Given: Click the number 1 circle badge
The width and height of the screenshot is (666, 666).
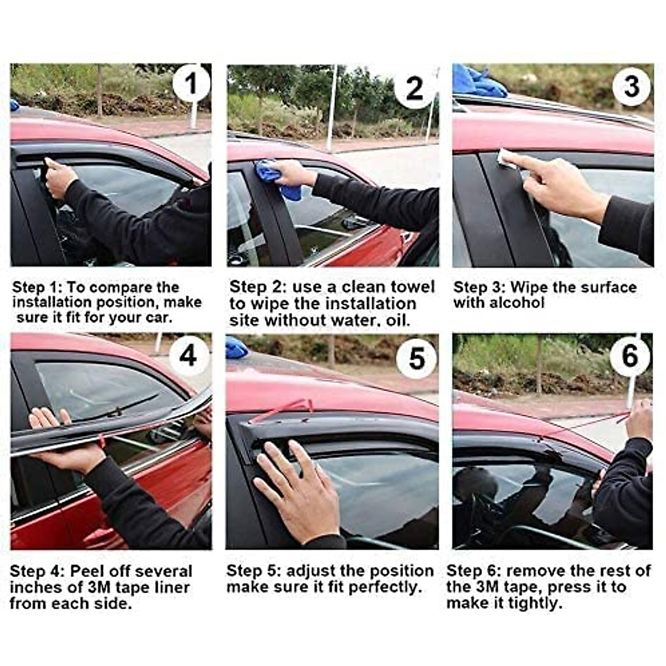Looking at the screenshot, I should pos(191,84).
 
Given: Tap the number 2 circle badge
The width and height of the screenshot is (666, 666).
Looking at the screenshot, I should pos(415,88).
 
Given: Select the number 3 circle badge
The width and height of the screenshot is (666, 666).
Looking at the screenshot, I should pos(632,87).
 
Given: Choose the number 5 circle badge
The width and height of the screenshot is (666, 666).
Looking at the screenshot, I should pos(416,358).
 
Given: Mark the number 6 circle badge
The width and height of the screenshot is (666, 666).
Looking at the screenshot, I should pos(630,356).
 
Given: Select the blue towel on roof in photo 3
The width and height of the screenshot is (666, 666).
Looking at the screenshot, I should pos(477,80).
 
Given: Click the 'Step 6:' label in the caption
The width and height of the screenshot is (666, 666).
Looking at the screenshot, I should pos(473,571).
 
